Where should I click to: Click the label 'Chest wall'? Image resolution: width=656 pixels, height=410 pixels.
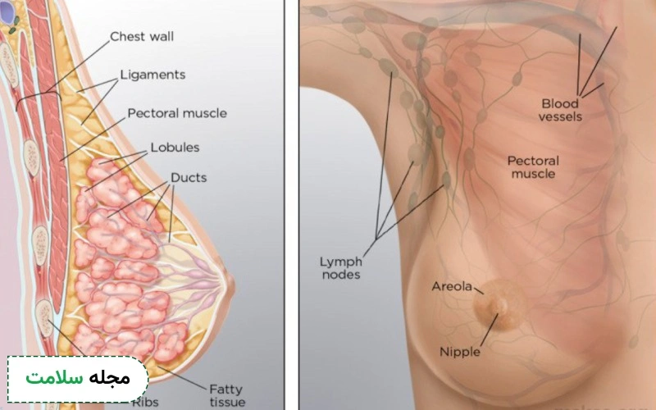pos(142,36)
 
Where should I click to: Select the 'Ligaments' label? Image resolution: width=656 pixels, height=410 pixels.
pos(153,75)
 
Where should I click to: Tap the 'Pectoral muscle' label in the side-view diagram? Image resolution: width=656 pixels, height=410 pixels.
pos(177,113)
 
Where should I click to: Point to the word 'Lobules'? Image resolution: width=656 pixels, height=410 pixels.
pos(175,148)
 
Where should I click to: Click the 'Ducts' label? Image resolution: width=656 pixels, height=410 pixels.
pos(189,177)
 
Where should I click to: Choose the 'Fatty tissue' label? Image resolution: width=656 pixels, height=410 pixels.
pos(227,395)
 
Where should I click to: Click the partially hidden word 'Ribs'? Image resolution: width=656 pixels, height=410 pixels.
pos(145,403)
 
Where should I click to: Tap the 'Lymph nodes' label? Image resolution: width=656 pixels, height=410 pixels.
pos(341,268)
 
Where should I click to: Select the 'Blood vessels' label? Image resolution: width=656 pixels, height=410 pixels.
pos(560,110)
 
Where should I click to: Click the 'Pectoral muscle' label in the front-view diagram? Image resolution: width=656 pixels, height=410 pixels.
pos(533,167)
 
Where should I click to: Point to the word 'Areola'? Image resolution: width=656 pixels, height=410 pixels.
pos(452,286)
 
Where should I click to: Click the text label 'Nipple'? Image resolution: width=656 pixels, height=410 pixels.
pos(460,352)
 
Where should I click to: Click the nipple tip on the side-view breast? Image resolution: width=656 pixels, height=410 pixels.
pos(231,285)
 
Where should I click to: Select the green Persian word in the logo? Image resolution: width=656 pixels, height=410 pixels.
pos(54,378)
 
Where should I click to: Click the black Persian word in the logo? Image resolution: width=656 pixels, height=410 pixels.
pos(110,378)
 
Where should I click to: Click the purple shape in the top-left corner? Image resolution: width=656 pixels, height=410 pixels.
pos(7,11)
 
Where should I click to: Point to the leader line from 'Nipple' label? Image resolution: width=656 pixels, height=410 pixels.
pos(489,330)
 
